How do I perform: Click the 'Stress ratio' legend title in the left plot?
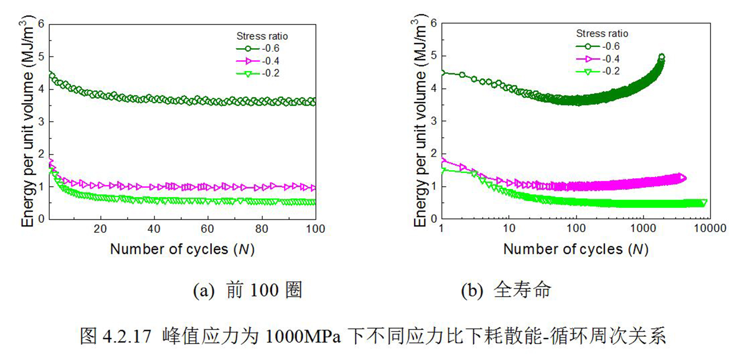coord(262,36)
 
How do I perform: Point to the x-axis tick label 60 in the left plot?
coord(207,229)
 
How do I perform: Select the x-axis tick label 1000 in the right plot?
coord(643,228)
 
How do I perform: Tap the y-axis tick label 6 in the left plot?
coord(41,24)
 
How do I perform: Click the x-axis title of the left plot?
coord(182,249)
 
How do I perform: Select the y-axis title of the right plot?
coord(420,122)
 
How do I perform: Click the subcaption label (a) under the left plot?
coord(203,291)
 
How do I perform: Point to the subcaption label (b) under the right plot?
coord(472,291)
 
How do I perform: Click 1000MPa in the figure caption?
coord(303,337)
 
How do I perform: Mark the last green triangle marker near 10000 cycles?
coord(703,203)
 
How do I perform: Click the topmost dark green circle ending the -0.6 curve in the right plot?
coord(661,57)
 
